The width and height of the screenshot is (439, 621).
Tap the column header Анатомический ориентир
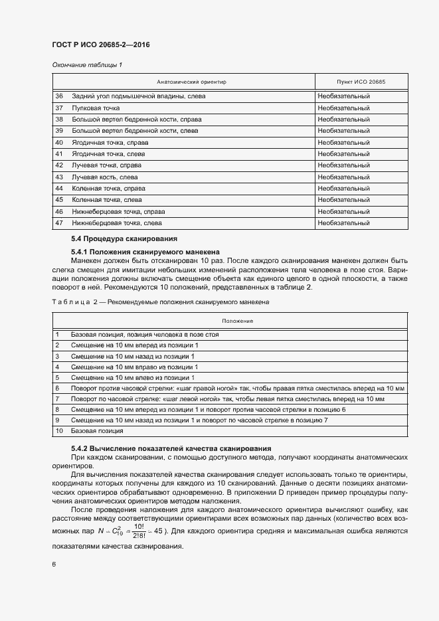tap(191, 82)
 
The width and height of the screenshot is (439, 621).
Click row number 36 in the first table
tap(59, 96)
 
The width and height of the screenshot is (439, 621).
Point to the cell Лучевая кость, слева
tap(106, 177)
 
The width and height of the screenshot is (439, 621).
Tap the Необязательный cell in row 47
tap(343, 223)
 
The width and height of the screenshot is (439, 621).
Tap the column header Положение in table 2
tap(237, 321)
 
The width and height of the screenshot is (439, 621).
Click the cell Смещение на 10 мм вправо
tap(134, 367)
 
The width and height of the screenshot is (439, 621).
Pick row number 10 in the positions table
tap(58, 430)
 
